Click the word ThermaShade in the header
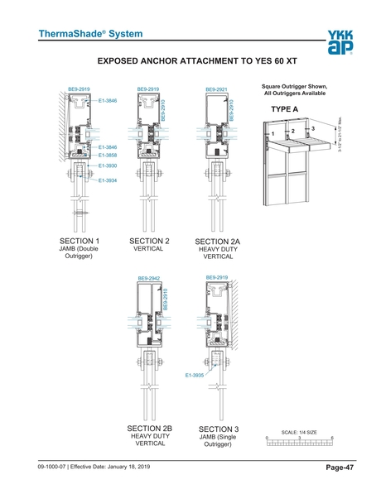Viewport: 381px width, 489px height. (65, 34)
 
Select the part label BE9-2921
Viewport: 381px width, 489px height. (216, 89)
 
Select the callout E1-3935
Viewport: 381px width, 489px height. (195, 376)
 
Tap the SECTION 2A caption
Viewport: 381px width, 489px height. (217, 242)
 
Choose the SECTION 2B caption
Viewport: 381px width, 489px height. (149, 427)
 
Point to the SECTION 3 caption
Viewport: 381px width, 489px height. (219, 429)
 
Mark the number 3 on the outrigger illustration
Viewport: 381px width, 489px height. (313, 127)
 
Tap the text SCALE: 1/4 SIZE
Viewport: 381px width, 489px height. (299, 432)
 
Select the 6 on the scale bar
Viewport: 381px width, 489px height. (331, 438)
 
